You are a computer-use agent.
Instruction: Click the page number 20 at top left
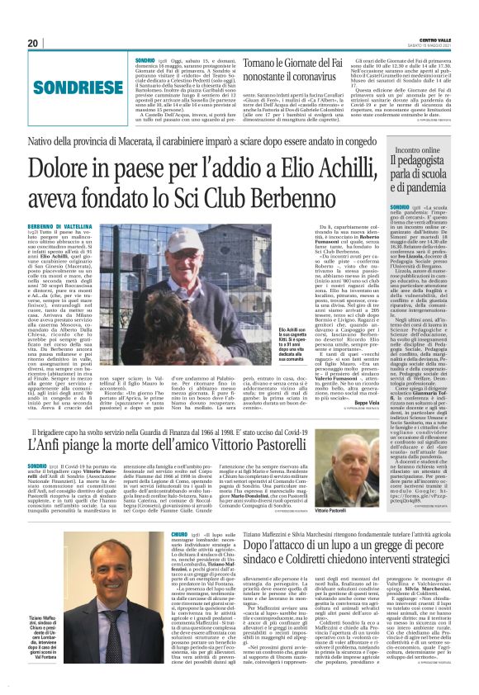click(32, 42)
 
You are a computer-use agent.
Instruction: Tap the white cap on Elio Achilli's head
click(201, 238)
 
